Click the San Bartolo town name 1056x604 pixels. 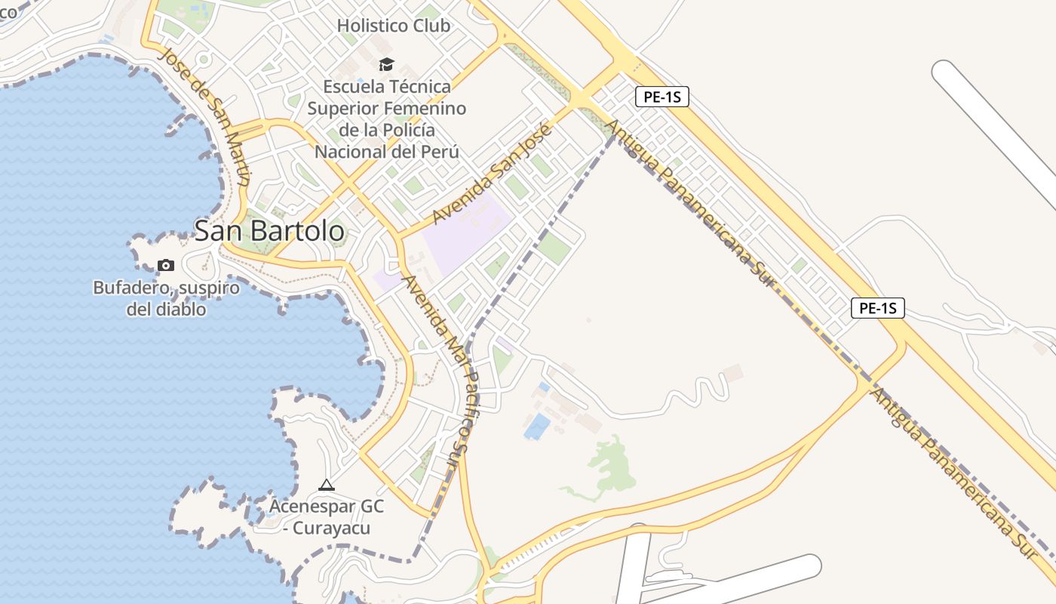[269, 231]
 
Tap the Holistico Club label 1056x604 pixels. [393, 26]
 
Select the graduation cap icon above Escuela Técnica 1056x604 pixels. [386, 65]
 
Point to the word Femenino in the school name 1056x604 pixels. [427, 108]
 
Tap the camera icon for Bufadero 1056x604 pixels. [165, 265]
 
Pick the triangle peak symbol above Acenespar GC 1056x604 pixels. [326, 485]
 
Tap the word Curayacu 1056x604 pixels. [331, 528]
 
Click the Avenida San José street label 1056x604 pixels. [493, 174]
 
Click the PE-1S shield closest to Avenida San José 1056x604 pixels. [662, 97]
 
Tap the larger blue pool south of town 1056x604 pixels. [537, 427]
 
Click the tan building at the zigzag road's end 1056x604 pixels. [733, 373]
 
